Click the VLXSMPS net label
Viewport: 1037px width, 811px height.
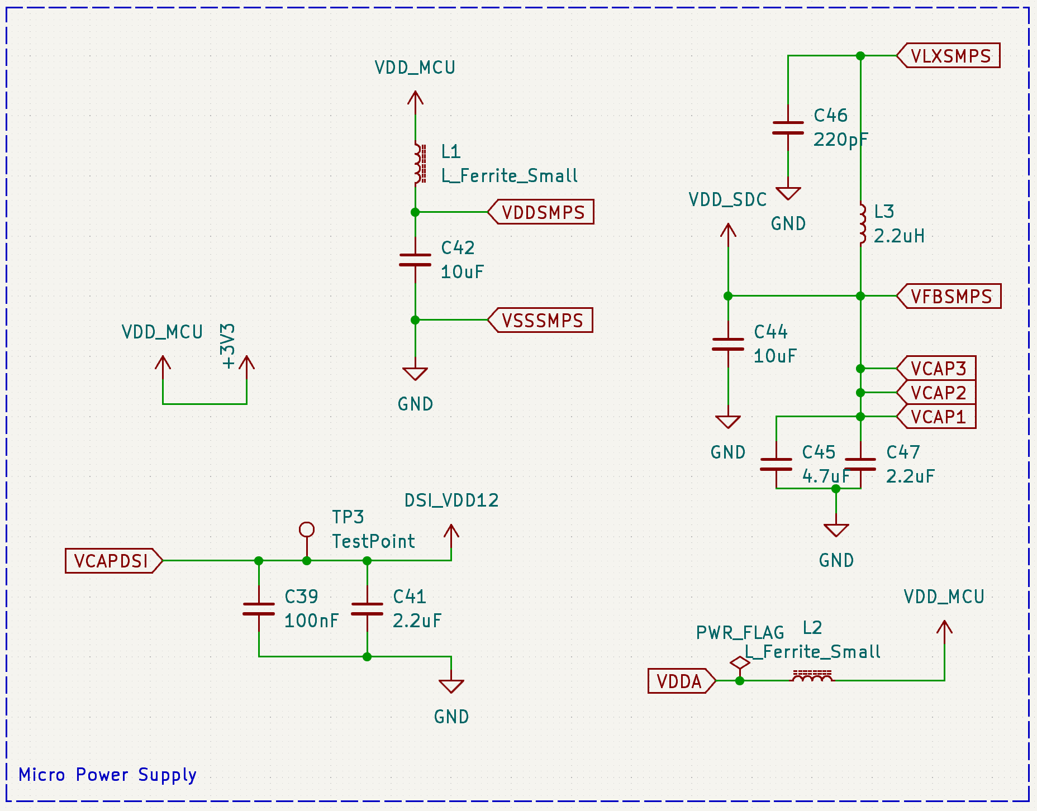(x=950, y=56)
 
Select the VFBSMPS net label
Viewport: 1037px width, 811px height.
(x=950, y=296)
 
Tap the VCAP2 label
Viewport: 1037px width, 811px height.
(x=938, y=393)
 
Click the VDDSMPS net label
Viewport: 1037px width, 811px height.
(x=543, y=212)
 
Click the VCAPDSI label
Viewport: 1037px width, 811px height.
(x=112, y=561)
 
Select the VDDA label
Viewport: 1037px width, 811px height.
(x=679, y=681)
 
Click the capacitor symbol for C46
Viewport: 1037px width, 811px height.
(x=788, y=128)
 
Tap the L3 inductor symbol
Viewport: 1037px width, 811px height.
(x=862, y=223)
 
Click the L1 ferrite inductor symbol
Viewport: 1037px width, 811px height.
(x=418, y=163)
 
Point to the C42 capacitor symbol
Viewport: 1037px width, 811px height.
(x=415, y=260)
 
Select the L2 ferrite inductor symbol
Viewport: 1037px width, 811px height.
(x=812, y=676)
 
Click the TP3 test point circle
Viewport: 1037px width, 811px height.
(x=307, y=529)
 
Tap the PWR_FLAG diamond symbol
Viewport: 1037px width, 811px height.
(x=740, y=663)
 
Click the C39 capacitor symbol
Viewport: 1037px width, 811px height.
(x=259, y=609)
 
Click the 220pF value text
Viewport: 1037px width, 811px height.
(x=840, y=140)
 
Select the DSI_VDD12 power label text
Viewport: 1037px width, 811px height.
(x=451, y=500)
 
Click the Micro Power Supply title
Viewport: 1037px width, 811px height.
(x=107, y=775)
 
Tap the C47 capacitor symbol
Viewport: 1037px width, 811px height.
(x=860, y=465)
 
